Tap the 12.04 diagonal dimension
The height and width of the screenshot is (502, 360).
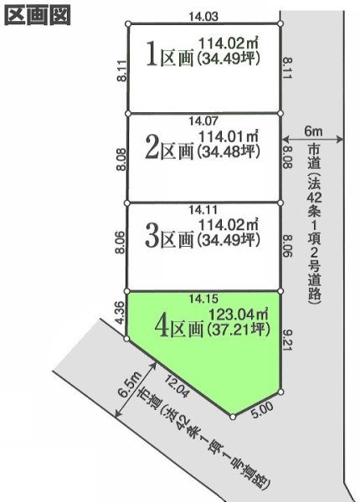(x=173, y=387)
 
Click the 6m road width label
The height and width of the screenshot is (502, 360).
(x=313, y=131)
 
